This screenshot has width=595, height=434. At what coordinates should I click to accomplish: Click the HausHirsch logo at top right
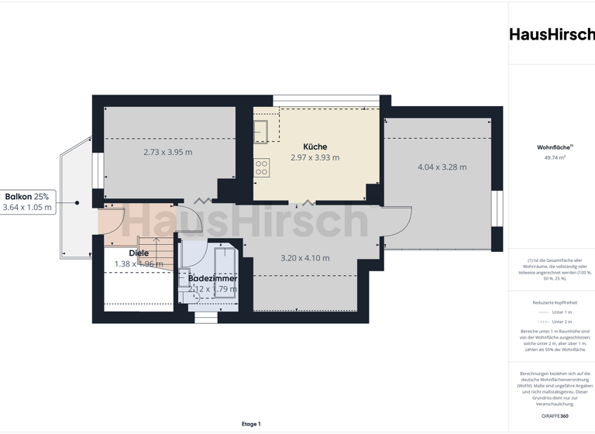(x=552, y=34)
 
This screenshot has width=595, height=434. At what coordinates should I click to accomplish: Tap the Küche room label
(x=315, y=146)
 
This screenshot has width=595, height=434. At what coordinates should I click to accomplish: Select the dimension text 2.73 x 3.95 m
(x=168, y=152)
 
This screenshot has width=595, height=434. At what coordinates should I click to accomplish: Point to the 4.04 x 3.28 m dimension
(x=442, y=167)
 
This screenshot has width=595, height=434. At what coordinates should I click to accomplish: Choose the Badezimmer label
(x=213, y=278)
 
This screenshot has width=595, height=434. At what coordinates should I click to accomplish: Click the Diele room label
(x=139, y=253)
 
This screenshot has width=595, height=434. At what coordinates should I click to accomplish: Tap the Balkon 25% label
(x=27, y=197)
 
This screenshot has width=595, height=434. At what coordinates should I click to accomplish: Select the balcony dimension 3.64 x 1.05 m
(x=27, y=207)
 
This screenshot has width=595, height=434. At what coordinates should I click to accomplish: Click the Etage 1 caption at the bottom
(x=251, y=424)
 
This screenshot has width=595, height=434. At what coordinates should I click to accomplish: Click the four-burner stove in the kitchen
(x=261, y=167)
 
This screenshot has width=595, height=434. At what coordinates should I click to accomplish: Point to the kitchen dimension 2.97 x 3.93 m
(x=315, y=157)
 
